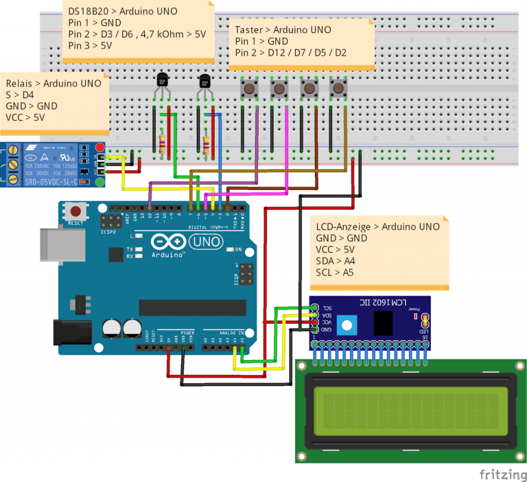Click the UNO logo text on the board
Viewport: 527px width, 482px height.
[x=204, y=242]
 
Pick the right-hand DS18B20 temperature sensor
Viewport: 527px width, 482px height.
[x=204, y=82]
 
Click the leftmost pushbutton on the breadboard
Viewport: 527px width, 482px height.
[x=248, y=89]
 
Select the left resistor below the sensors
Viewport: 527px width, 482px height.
[x=162, y=143]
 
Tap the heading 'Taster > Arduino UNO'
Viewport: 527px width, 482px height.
[x=282, y=30]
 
